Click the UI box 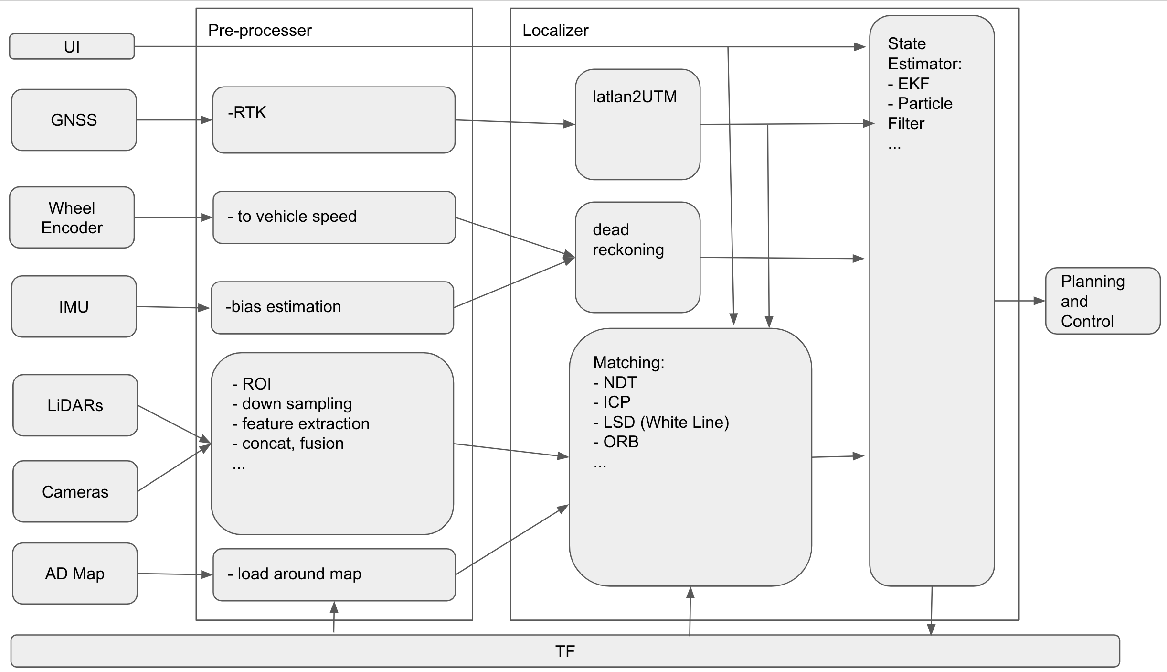point(72,46)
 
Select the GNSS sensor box point(74,120)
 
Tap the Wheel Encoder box point(72,217)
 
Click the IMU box point(74,306)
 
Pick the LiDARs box point(75,405)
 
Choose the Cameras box point(75,491)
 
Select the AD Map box point(74,574)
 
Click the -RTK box point(333,120)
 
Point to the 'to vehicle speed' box point(333,217)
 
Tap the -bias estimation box point(332,307)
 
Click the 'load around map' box point(333,574)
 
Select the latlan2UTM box point(637,124)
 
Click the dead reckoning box point(637,257)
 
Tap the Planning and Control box point(1102,301)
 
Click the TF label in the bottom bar point(565,651)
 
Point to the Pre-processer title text point(260,31)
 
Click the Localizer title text point(555,31)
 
